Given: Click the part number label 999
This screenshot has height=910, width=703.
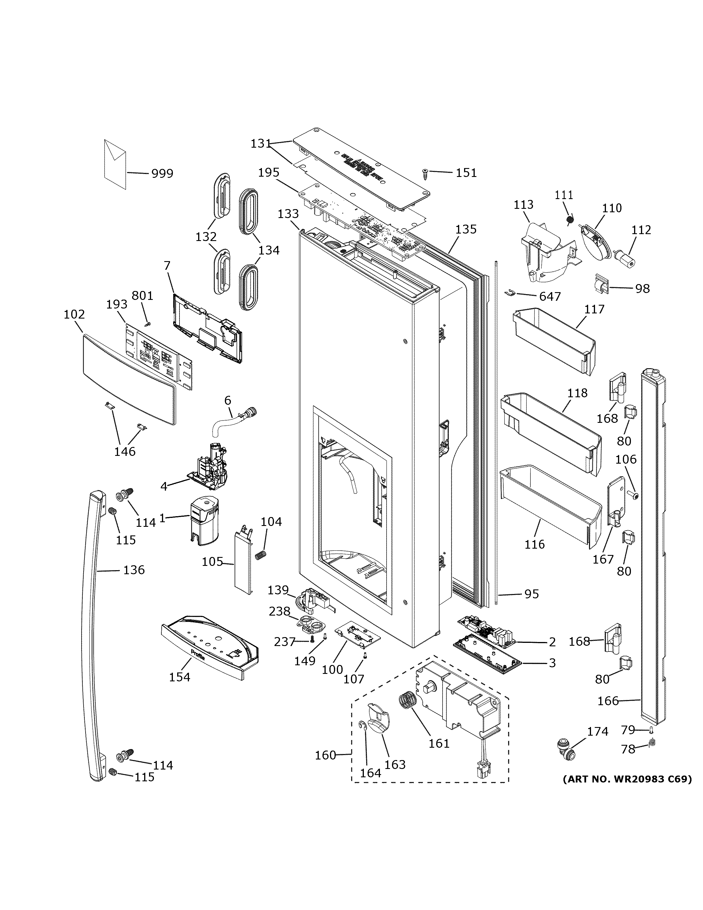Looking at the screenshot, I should click(x=162, y=173).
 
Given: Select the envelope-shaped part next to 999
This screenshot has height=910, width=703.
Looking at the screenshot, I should click(x=115, y=165).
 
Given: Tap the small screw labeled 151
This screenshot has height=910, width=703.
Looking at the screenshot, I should click(x=425, y=174).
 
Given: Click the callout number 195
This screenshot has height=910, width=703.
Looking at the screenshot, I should click(x=269, y=173).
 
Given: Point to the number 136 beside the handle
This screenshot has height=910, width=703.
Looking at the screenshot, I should click(x=134, y=570).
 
